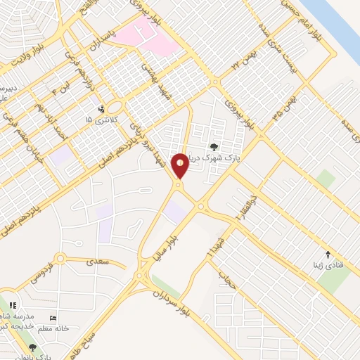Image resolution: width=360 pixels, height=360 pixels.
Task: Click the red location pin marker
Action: pyautogui.click(x=180, y=166)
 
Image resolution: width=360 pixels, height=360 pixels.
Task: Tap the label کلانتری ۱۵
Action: pyautogui.click(x=98, y=120)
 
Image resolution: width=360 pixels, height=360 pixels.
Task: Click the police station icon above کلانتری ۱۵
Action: pyautogui.click(x=103, y=109)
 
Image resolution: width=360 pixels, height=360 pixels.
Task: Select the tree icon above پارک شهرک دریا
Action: pyautogui.click(x=214, y=147)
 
